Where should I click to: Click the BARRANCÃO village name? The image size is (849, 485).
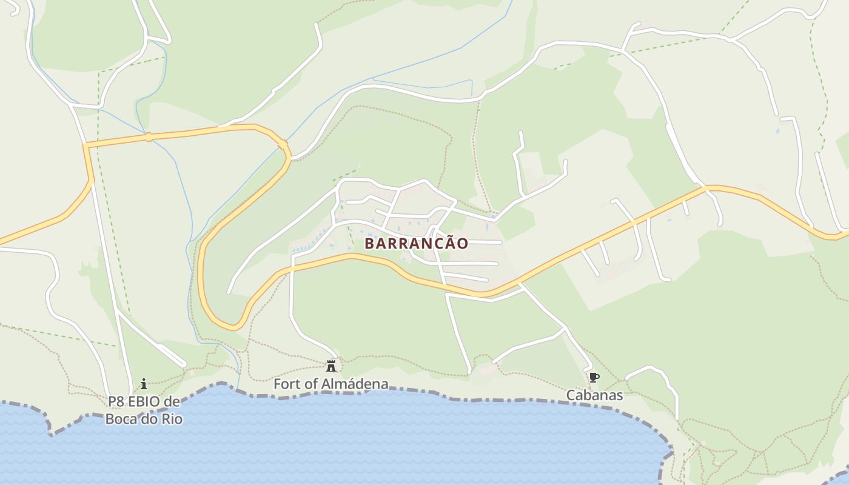416,243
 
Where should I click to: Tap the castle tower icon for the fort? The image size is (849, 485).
331,366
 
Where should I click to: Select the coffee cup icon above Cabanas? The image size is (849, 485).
594,378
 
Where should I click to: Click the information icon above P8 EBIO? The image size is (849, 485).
144,384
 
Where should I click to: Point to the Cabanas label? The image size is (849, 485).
594,395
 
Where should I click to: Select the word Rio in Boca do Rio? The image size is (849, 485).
172,418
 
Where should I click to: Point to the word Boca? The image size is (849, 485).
120,418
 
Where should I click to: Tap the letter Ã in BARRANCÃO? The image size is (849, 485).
448,242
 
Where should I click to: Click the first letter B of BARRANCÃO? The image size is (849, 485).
369,243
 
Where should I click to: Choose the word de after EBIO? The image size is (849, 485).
172,402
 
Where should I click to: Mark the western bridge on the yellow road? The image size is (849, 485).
149,137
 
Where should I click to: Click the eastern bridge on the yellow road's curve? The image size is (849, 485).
283,144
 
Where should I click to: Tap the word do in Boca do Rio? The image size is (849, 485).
147,418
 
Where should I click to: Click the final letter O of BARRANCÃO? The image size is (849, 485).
462,243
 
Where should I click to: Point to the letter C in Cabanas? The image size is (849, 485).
571,395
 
